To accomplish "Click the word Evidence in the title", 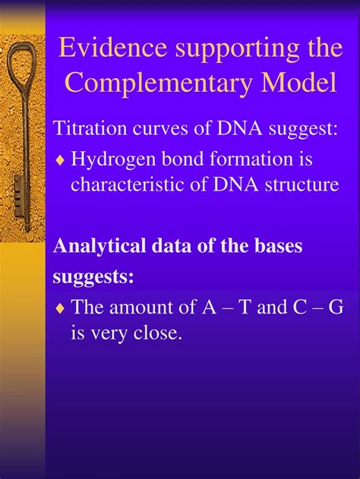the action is [112, 48].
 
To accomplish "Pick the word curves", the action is [160, 130].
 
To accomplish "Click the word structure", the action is [302, 185].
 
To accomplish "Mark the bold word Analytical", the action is [99, 247].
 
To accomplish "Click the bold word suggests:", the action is [93, 277].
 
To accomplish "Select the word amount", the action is [141, 307].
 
